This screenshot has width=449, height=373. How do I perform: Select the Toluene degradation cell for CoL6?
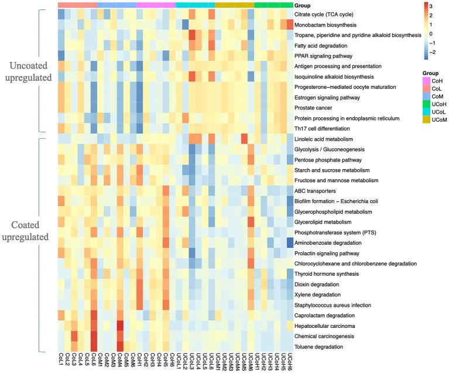(94, 347)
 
